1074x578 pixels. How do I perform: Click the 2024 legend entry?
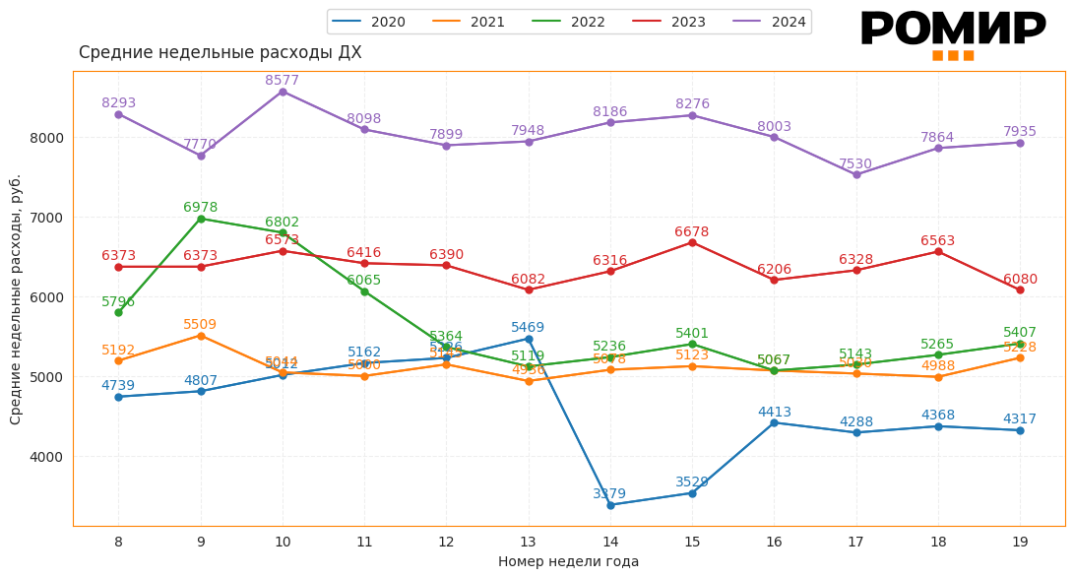[771, 22]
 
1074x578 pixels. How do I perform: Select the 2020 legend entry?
[369, 22]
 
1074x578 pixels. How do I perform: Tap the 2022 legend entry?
[570, 22]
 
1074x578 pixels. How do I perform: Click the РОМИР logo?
[952, 33]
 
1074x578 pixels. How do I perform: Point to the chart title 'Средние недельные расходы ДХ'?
[220, 53]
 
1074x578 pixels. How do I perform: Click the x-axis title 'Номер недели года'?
[568, 561]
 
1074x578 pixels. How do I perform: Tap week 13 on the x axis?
[529, 542]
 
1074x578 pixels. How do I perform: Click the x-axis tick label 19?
[1020, 542]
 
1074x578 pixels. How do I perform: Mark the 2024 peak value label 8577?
[283, 81]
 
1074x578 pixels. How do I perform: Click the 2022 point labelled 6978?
[201, 219]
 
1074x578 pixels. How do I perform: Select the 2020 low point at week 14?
[610, 505]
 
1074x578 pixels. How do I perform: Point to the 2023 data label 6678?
[692, 232]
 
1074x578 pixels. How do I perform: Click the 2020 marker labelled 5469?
[529, 339]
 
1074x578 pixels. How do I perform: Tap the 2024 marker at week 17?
[856, 175]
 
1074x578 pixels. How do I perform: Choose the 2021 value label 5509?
[200, 325]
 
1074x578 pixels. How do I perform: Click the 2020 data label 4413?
[774, 413]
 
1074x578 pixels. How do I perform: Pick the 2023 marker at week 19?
[1020, 289]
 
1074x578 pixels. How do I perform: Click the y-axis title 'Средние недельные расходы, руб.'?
[16, 299]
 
